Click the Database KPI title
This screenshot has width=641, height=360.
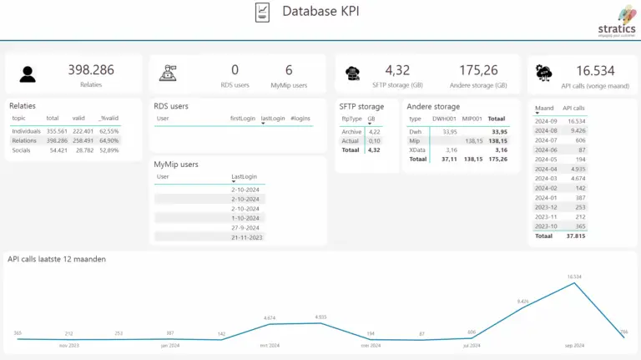click(x=320, y=12)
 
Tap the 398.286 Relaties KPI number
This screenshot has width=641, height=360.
click(x=91, y=70)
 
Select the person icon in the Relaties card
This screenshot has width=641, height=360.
click(x=28, y=74)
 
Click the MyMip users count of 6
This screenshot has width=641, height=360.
click(x=289, y=70)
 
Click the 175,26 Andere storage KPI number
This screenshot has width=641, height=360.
click(x=478, y=70)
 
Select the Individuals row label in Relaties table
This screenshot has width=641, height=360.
click(x=27, y=131)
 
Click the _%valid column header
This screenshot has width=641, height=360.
click(x=109, y=119)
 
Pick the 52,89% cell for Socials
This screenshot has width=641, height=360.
click(x=109, y=150)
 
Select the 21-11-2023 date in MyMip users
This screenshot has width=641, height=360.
click(x=247, y=237)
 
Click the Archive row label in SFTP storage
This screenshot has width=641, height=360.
click(x=351, y=131)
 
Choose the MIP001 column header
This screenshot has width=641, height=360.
click(x=473, y=119)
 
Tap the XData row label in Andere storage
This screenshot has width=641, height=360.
click(x=416, y=150)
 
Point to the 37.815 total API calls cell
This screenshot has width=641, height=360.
click(x=576, y=236)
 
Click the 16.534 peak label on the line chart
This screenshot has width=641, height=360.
click(x=574, y=276)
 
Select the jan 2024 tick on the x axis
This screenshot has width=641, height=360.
click(x=170, y=345)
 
